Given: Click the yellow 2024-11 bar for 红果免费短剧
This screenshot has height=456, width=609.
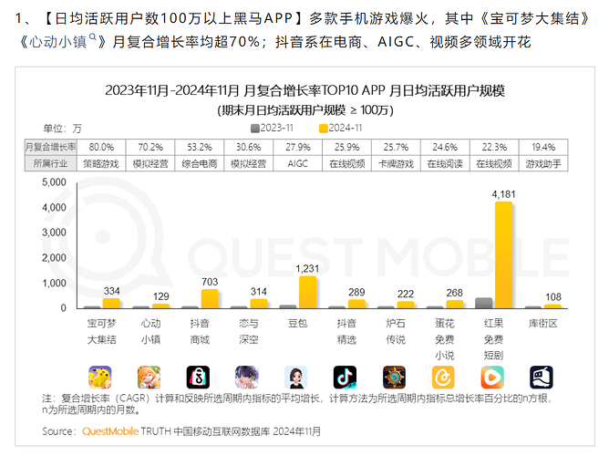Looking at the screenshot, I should (x=503, y=254).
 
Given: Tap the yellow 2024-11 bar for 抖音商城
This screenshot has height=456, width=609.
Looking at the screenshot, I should (x=210, y=299).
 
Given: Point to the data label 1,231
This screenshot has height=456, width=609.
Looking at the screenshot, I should (x=308, y=268).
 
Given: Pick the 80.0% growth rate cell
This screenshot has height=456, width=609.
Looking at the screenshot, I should (x=101, y=147).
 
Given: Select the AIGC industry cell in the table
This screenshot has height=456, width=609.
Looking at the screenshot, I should (x=298, y=163).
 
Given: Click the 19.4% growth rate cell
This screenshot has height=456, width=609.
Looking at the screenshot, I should (x=542, y=147).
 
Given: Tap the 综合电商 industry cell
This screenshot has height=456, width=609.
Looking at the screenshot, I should (x=200, y=163).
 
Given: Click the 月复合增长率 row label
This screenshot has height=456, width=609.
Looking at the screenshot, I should (x=51, y=147).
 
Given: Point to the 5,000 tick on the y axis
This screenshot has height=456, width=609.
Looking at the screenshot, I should (x=54, y=183).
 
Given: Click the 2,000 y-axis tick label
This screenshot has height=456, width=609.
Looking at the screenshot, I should (x=54, y=258).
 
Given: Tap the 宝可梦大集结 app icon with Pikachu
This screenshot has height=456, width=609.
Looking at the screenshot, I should (x=101, y=377).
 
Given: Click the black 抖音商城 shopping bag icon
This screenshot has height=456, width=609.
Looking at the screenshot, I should (x=199, y=377).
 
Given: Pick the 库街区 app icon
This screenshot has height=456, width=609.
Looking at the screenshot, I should (x=542, y=377).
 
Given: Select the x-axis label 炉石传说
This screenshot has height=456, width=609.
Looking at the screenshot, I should (x=395, y=332).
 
